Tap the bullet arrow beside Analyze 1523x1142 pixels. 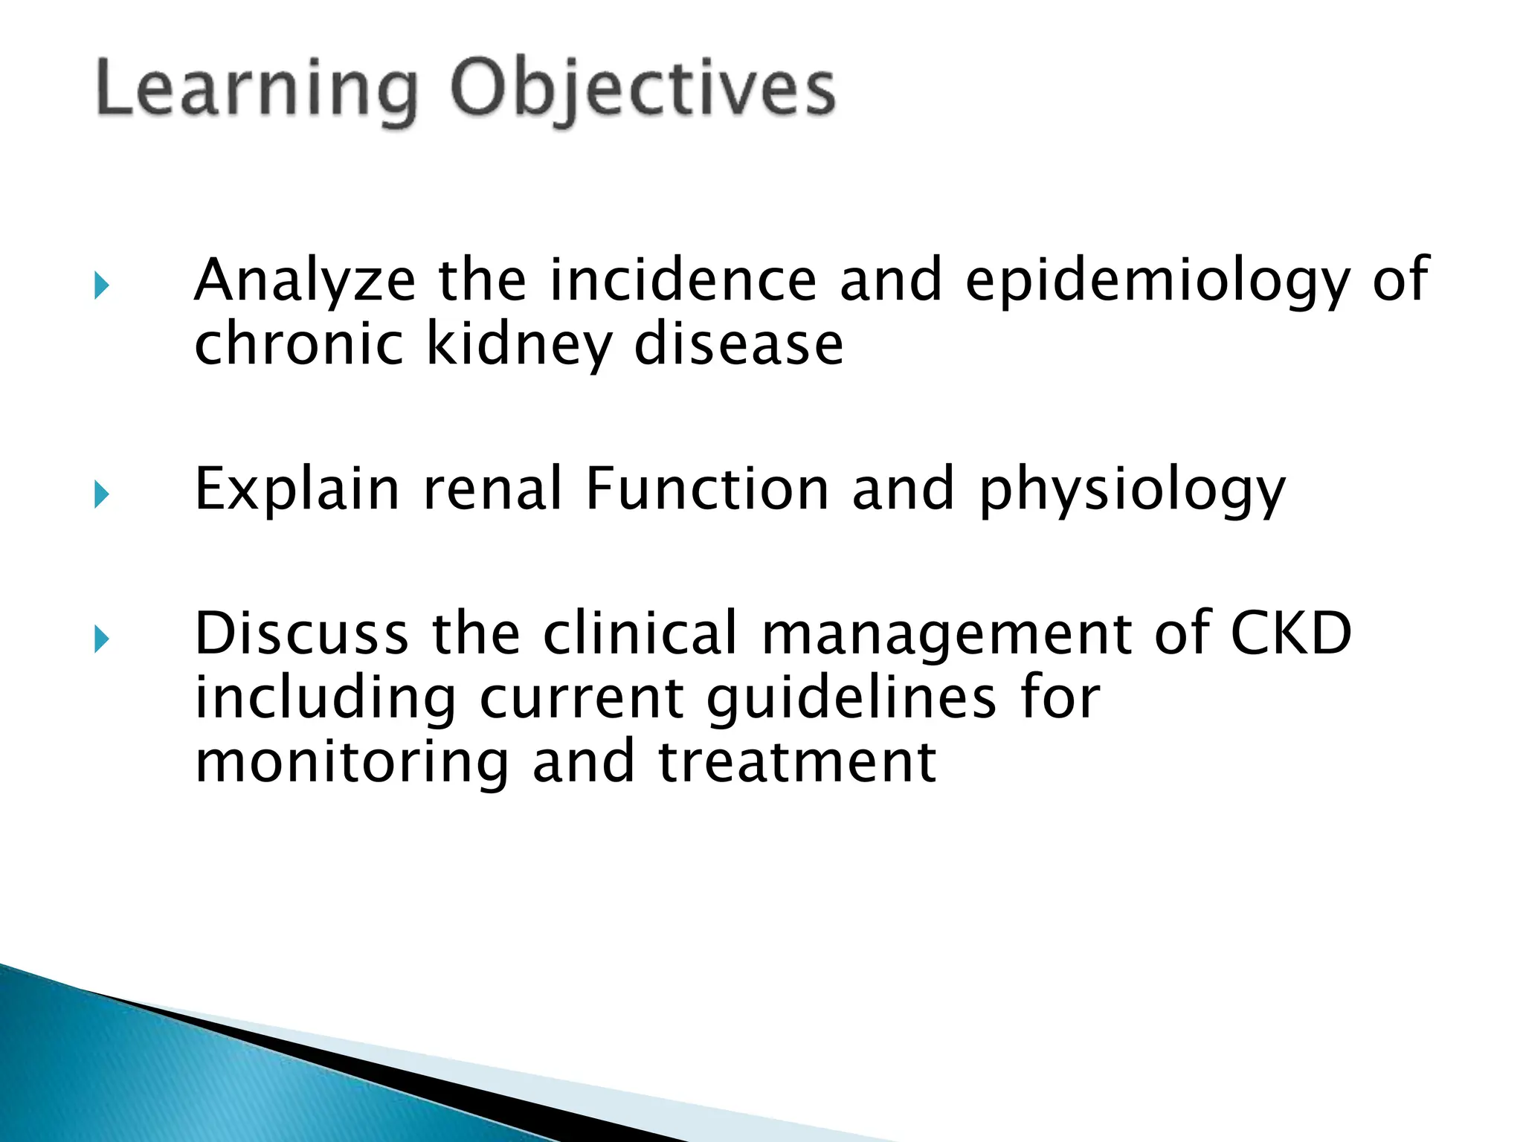pyautogui.click(x=102, y=285)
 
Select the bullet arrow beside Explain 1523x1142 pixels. pyautogui.click(x=102, y=494)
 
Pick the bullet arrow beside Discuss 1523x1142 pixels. pyautogui.click(x=102, y=639)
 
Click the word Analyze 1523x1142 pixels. pyautogui.click(x=305, y=281)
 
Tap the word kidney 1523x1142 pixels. pyautogui.click(x=518, y=346)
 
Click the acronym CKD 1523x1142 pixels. pyautogui.click(x=1291, y=633)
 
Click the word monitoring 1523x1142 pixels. pyautogui.click(x=351, y=764)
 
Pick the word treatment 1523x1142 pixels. pyautogui.click(x=797, y=763)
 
